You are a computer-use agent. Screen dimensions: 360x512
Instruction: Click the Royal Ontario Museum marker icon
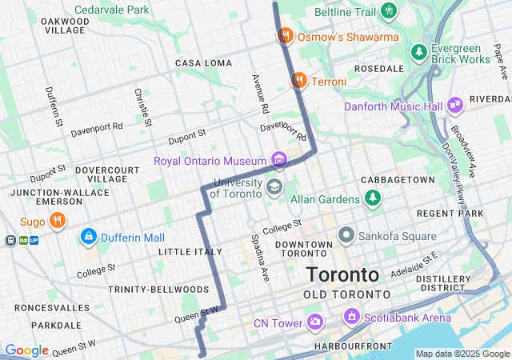coord(278,160)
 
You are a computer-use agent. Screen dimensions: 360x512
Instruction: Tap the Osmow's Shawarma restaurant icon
coord(284,36)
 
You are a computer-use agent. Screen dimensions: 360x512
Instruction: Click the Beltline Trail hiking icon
coord(389,10)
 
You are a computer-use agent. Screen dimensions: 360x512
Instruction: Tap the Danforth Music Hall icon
coord(455,106)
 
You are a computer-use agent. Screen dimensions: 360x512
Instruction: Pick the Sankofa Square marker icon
coord(346,235)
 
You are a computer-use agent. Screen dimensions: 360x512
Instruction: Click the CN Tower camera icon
coord(315,322)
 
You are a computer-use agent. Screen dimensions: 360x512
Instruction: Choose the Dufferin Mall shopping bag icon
coord(88,238)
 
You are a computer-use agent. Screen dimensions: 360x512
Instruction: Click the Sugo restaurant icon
coord(57,221)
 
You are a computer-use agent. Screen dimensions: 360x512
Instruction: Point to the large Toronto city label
coord(342,274)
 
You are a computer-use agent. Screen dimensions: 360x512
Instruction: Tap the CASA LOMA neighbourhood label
coord(203,63)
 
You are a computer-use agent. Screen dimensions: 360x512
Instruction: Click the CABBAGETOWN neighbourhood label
coord(398,179)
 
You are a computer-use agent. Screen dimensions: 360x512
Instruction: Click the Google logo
coord(26,350)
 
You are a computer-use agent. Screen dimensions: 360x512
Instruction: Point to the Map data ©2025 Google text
coord(462,354)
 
